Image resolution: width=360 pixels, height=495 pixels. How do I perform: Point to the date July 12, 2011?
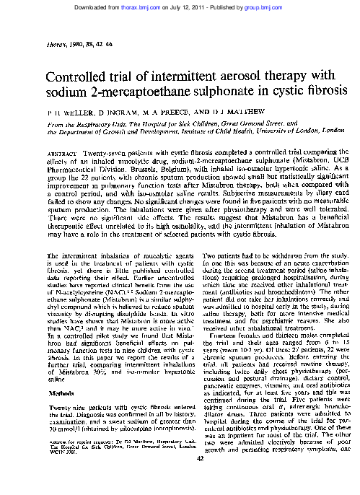[195, 6]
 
